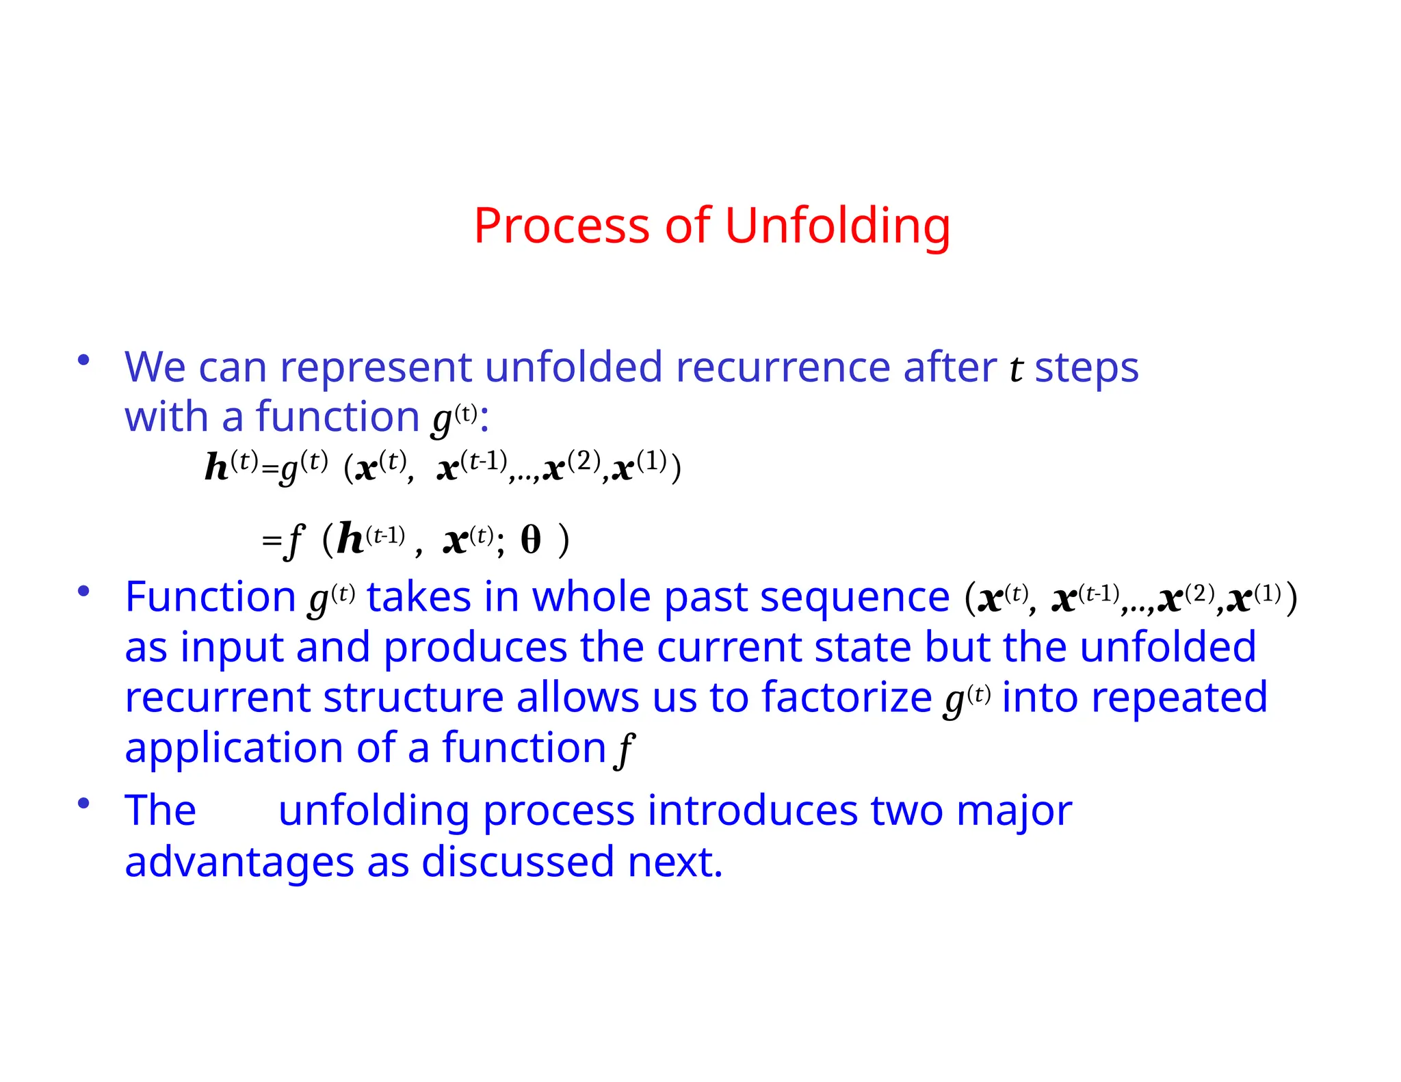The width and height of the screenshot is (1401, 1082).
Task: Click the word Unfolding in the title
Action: tap(837, 226)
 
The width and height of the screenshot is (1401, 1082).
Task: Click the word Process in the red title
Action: tap(561, 226)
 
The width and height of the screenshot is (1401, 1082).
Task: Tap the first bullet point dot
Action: tap(83, 360)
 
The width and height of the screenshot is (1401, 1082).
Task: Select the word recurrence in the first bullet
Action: tap(783, 367)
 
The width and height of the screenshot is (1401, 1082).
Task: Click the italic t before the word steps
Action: tap(1016, 369)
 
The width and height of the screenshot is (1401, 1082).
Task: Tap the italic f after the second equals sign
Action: tap(294, 540)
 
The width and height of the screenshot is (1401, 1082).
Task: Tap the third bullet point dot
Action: tap(83, 803)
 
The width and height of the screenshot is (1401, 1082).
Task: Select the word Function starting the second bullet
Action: tap(210, 597)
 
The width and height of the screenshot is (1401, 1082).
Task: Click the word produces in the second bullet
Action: tap(475, 647)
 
